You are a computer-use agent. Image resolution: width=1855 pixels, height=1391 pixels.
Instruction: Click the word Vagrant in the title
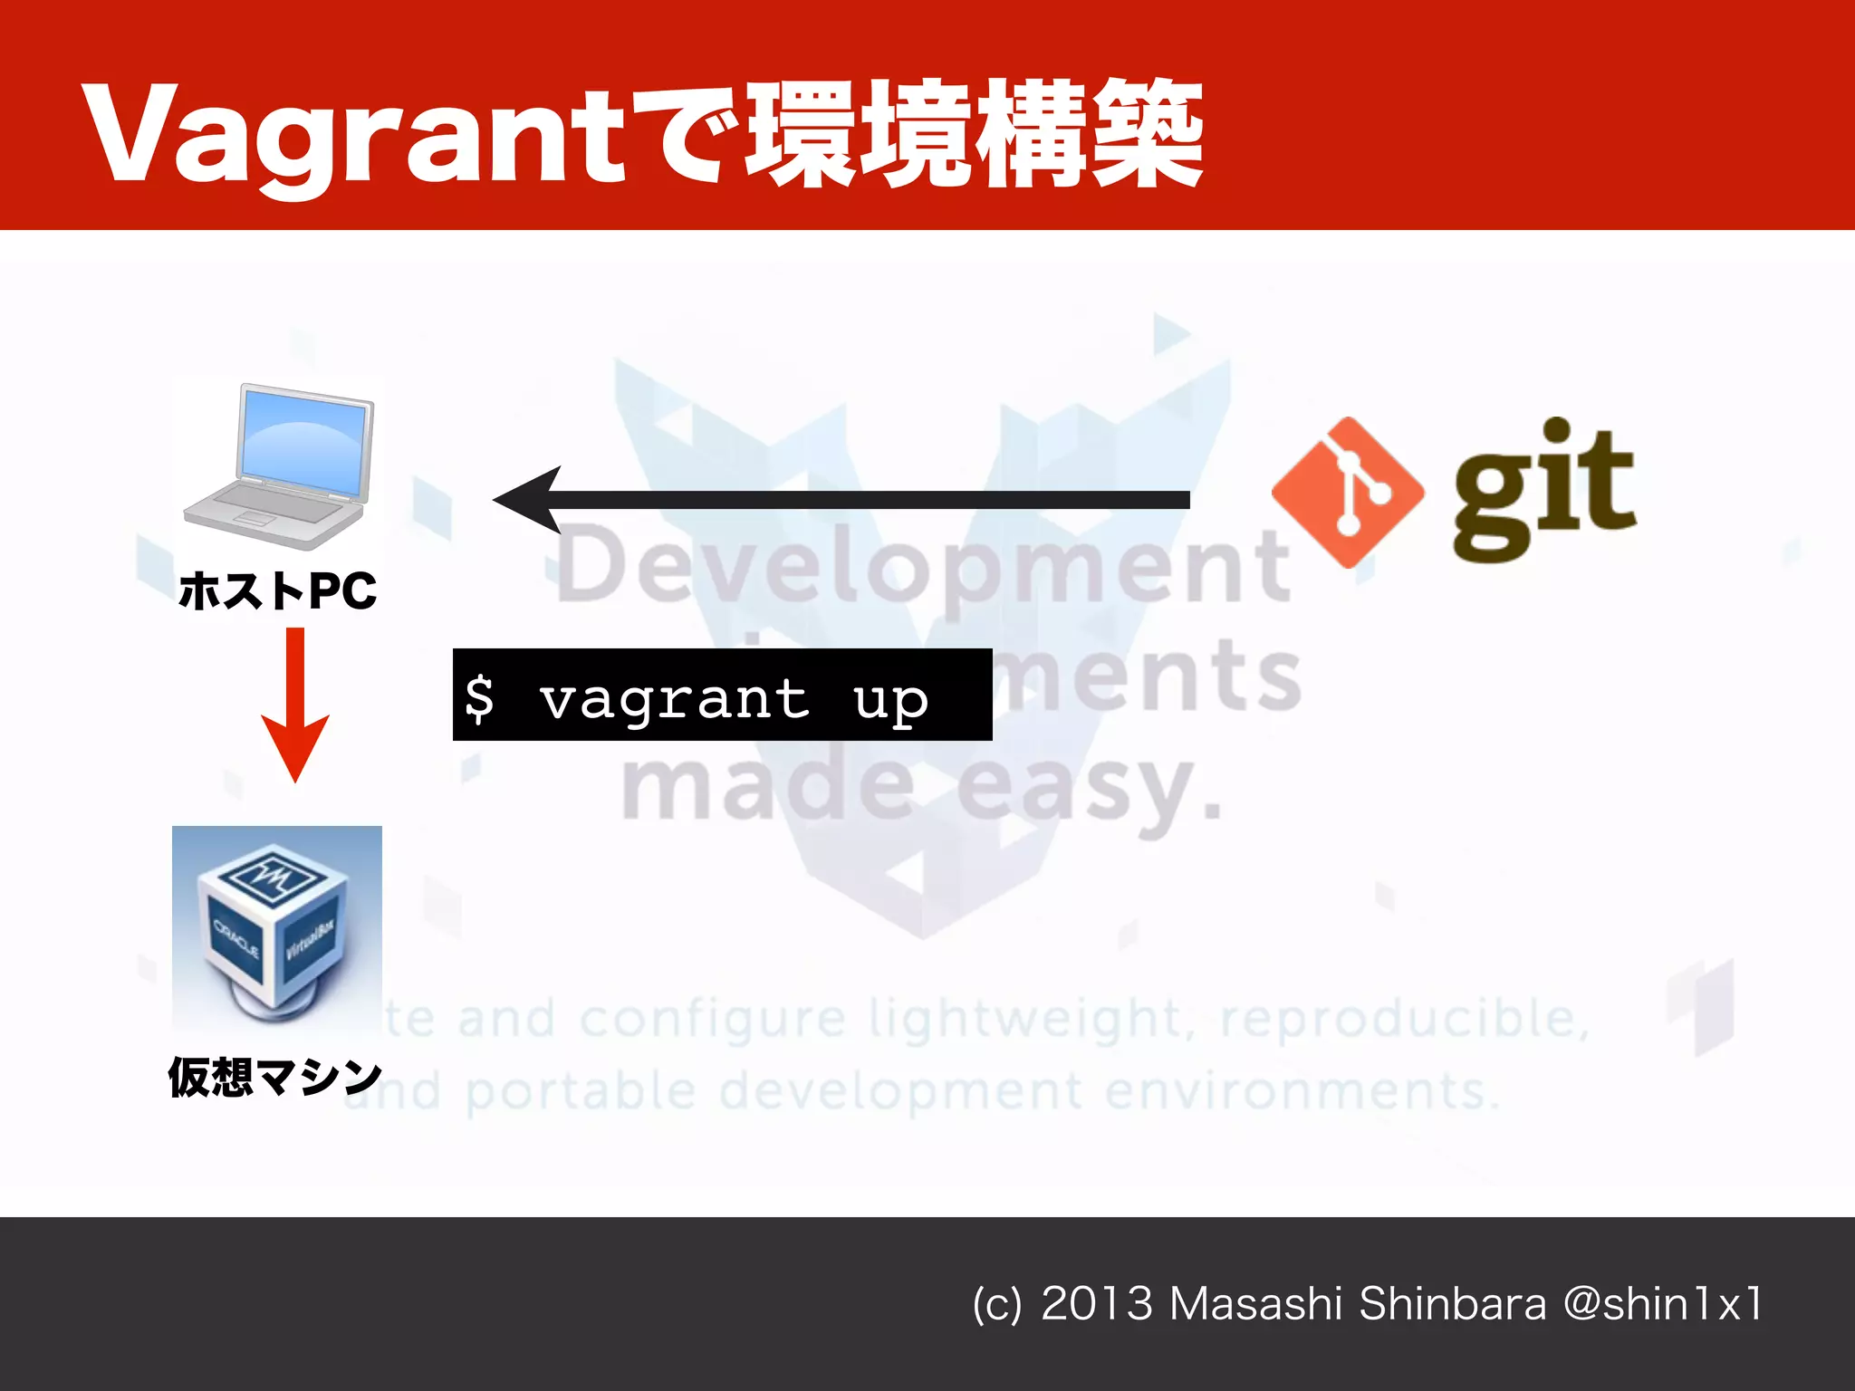coord(353,136)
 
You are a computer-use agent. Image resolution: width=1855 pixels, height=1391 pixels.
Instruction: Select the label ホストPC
coord(277,591)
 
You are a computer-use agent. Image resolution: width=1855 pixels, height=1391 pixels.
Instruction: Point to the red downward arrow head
coord(295,747)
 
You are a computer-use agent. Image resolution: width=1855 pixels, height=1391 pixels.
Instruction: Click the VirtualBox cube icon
coord(276,928)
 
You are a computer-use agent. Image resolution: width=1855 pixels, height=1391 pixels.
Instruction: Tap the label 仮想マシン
coord(275,1078)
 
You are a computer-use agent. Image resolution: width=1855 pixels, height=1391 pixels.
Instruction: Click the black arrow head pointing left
coord(530,500)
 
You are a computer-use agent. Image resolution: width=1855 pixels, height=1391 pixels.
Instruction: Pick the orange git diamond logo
coord(1347,493)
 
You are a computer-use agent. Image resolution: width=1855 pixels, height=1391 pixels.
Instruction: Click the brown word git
coord(1544,489)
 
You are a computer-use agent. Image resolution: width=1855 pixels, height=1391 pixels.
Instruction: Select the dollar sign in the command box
coord(479,698)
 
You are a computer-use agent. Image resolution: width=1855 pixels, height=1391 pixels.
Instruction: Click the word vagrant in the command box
coord(674,698)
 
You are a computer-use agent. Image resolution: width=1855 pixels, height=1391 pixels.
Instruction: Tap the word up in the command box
coord(890,700)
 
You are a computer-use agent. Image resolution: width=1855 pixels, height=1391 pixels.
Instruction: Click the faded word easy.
coord(1087,788)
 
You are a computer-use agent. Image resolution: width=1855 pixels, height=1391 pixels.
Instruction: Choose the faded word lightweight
coord(1024,1019)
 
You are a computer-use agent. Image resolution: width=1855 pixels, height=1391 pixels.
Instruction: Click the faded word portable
coord(580,1091)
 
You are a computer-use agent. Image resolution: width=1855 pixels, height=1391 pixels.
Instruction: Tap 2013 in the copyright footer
coord(1096,1304)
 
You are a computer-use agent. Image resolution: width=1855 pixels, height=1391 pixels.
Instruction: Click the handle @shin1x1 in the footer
coord(1662,1304)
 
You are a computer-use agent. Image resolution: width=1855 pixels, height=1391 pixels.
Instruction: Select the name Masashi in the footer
coord(1254,1304)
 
